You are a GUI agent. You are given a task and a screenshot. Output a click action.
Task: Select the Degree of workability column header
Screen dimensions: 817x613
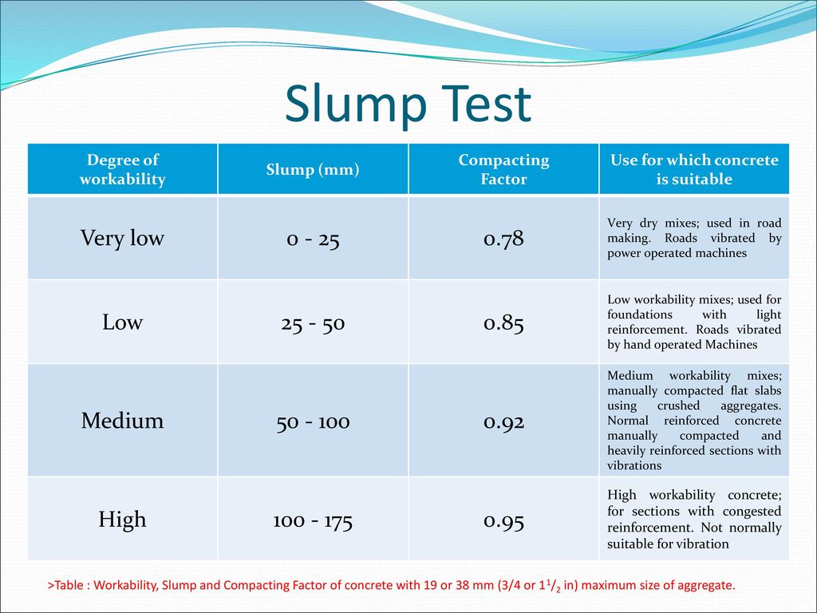click(x=122, y=169)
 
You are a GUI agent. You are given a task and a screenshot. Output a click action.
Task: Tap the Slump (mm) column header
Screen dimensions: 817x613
click(x=313, y=170)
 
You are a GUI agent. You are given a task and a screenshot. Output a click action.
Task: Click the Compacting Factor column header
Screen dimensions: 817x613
click(x=503, y=169)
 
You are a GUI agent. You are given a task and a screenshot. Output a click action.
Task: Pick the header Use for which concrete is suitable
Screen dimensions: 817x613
click(x=694, y=169)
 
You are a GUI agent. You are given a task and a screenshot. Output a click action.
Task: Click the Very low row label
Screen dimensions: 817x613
click(x=122, y=239)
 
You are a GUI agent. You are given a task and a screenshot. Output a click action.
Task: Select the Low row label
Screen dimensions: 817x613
click(x=122, y=322)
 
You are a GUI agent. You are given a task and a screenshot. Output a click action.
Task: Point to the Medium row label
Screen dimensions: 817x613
click(x=122, y=421)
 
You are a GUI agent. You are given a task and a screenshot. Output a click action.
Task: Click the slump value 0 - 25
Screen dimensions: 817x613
click(x=313, y=239)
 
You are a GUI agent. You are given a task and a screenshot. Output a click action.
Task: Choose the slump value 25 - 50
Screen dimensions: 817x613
click(x=313, y=324)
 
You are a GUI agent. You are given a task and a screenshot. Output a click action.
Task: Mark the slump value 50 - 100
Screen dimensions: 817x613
click(x=313, y=422)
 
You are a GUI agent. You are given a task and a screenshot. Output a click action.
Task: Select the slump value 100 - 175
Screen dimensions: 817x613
click(x=313, y=521)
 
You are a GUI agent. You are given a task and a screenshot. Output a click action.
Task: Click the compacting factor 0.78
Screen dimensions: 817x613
click(x=503, y=239)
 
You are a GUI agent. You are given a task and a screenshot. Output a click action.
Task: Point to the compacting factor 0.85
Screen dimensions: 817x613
click(x=503, y=324)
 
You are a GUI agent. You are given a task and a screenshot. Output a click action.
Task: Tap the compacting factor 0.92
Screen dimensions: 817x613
click(x=503, y=422)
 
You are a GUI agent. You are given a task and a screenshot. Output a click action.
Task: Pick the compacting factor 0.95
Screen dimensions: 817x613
click(x=503, y=521)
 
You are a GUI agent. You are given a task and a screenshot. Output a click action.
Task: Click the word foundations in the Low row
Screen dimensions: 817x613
click(x=640, y=314)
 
